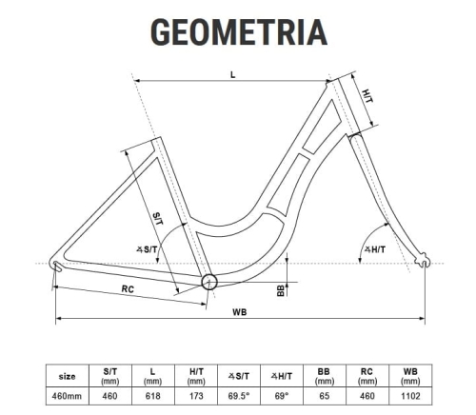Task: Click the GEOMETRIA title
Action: [x=239, y=32]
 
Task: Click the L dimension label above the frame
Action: [x=233, y=75]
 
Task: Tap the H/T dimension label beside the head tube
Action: [x=367, y=96]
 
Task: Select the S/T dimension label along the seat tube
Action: [x=158, y=219]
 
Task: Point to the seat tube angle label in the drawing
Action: [x=147, y=249]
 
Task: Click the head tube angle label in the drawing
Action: [x=375, y=249]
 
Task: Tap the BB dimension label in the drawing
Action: [x=281, y=290]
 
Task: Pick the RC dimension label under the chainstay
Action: [x=128, y=289]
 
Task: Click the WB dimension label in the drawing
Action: [x=240, y=312]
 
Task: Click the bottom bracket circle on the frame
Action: [x=209, y=282]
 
